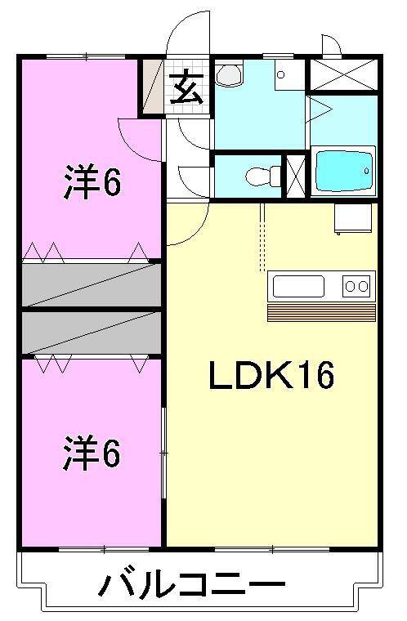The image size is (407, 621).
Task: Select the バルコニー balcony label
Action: [x=194, y=585]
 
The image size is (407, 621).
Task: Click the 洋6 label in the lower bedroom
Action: [x=92, y=454]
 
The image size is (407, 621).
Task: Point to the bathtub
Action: [x=343, y=172]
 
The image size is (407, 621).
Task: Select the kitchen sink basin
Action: [x=298, y=286]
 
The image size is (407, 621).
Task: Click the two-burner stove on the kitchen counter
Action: [x=356, y=286]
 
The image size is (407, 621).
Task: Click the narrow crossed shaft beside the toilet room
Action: [x=295, y=174]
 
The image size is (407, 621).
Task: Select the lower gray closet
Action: [x=92, y=333]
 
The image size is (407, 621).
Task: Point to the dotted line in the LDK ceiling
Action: [x=262, y=237]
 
